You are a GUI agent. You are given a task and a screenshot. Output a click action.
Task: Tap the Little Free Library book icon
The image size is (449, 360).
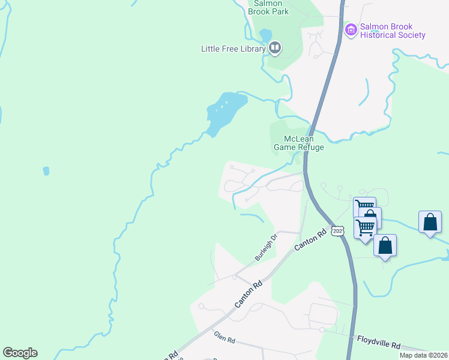coord(275,47)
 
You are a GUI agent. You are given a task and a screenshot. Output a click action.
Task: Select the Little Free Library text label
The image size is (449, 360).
coord(233,49)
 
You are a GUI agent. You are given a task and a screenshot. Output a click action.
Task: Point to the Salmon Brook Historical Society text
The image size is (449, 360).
coord(393,31)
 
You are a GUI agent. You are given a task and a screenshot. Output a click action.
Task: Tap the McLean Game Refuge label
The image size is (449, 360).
coord(299,143)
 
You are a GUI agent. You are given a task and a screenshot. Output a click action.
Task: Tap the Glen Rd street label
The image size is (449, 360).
coord(224,340)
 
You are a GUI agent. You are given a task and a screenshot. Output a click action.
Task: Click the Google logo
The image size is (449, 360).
coord(20,352)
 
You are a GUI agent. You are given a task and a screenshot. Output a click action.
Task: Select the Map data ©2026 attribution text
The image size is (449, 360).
coord(423,355)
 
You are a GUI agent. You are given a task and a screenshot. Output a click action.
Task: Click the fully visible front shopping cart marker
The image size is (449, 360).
coord(364,227)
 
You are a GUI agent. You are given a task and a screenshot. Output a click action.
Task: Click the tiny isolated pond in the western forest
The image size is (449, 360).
coord(46,171)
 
